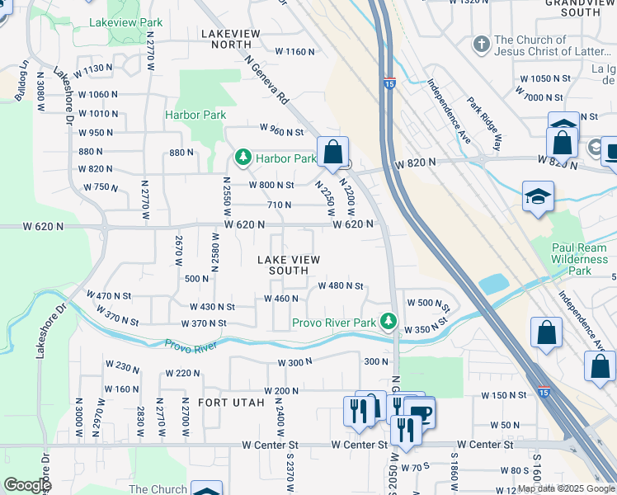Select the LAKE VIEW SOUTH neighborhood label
click(289, 265)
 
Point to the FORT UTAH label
click(232, 403)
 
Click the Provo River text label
click(190, 346)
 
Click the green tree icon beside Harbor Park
click(243, 157)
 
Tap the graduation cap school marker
click(538, 196)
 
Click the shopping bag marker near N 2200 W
click(332, 152)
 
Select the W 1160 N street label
click(294, 51)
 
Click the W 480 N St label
click(341, 285)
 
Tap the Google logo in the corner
click(27, 484)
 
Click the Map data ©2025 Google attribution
click(566, 489)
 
